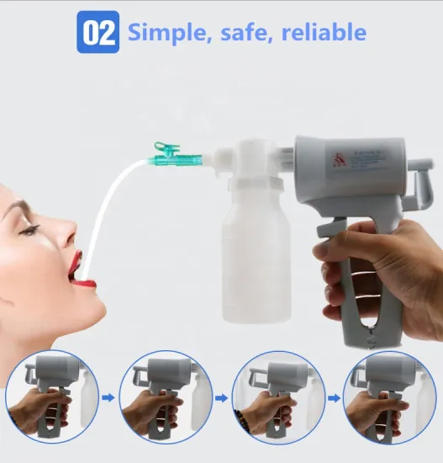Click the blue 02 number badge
[98, 33]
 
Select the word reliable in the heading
[324, 33]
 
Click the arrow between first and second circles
[108, 394]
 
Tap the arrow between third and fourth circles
[332, 394]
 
